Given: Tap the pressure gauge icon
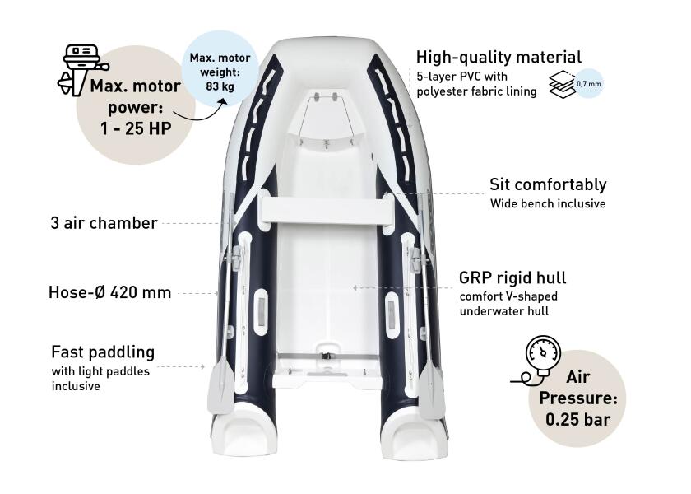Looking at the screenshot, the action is pos(539,360).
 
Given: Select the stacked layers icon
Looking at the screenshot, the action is pos(563,84).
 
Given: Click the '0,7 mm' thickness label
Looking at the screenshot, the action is pos(589,83).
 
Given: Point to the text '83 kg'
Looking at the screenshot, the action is pos(220,86).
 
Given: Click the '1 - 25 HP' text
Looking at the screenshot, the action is pos(136,128).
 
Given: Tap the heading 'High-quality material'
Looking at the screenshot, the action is pos(499,58).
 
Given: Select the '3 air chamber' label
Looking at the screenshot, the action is pos(104,223).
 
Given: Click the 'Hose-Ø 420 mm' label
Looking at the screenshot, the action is pos(109,292).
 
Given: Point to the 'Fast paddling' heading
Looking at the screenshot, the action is pos(103,352).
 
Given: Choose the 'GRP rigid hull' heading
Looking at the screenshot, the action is pos(512,278).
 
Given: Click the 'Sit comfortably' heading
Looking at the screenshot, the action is pos(548,184).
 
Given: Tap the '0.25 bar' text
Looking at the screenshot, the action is pos(577,419).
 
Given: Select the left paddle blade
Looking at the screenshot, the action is pos(220,388).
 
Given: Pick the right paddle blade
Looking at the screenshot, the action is pos(430,391).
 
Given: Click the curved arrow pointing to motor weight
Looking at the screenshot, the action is pos(206,112).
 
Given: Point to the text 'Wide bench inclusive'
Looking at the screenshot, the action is pos(548,204).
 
